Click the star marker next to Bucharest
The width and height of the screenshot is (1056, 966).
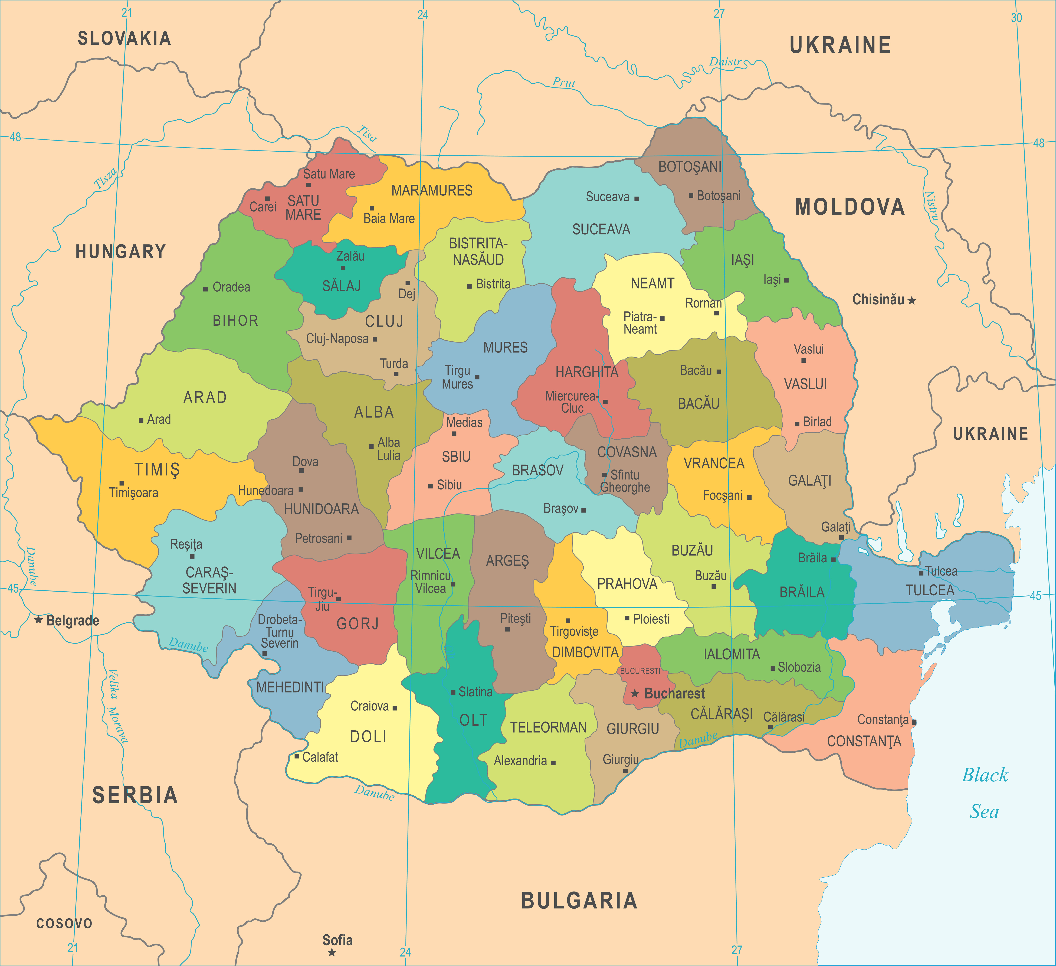(x=635, y=694)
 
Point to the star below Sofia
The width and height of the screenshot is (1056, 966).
(x=332, y=952)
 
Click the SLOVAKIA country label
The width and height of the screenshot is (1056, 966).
(x=124, y=38)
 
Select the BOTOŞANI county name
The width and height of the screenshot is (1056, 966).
(x=690, y=167)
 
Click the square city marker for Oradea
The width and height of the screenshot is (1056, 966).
(x=205, y=289)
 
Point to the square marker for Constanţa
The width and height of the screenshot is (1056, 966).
(x=914, y=722)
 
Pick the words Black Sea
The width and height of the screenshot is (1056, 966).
(x=985, y=793)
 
